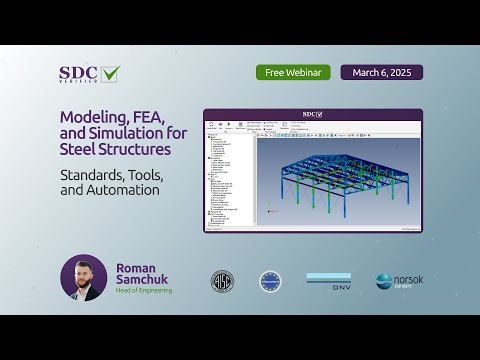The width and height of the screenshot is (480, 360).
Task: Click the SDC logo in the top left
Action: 79,73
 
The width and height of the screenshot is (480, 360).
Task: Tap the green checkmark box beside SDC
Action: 109,73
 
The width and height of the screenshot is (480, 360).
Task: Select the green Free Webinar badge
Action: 292,73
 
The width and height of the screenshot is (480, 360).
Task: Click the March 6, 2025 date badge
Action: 381,73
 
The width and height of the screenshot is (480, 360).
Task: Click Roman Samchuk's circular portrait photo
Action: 84,279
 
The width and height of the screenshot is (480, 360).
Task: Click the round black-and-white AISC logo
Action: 222,281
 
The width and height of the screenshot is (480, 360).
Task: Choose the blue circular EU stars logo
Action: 270,281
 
